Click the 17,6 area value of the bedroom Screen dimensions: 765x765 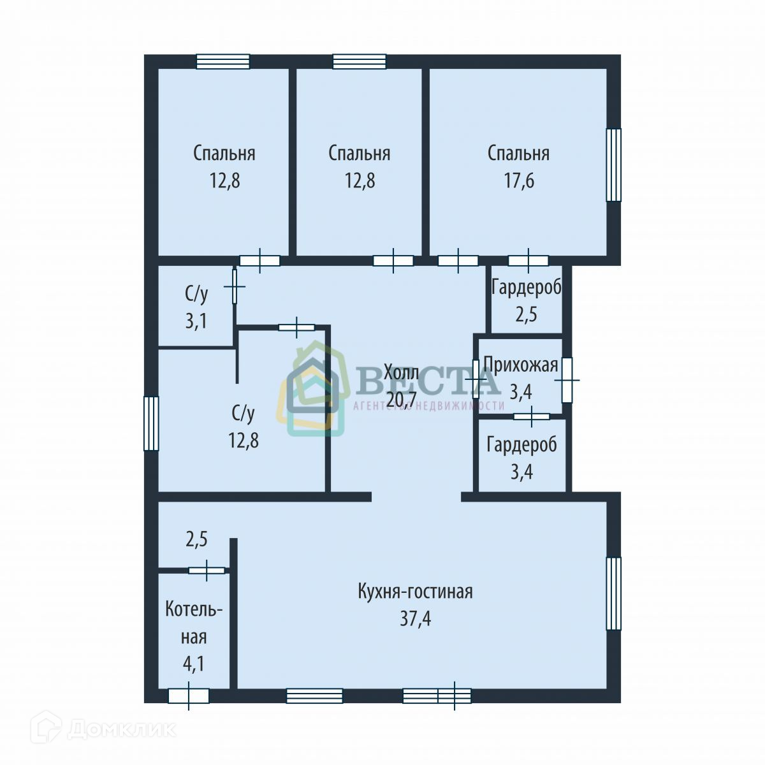point(519,180)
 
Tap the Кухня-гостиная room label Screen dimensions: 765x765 point(415,592)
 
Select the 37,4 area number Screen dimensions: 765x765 point(415,618)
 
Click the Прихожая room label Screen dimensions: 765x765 point(521,365)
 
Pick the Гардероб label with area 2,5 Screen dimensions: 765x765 point(527,287)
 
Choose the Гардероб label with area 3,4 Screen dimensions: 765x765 point(521,445)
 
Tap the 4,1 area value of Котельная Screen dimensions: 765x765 point(194,664)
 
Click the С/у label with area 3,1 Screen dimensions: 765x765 point(196,294)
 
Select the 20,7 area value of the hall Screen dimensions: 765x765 point(402,399)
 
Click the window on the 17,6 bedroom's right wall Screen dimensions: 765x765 point(613,164)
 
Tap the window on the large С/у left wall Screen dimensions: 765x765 point(151,423)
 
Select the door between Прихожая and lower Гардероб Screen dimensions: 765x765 point(532,416)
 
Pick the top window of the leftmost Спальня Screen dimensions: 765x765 point(224,62)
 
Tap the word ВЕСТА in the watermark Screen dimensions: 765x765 point(428,381)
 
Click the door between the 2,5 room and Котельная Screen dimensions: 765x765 point(207,571)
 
